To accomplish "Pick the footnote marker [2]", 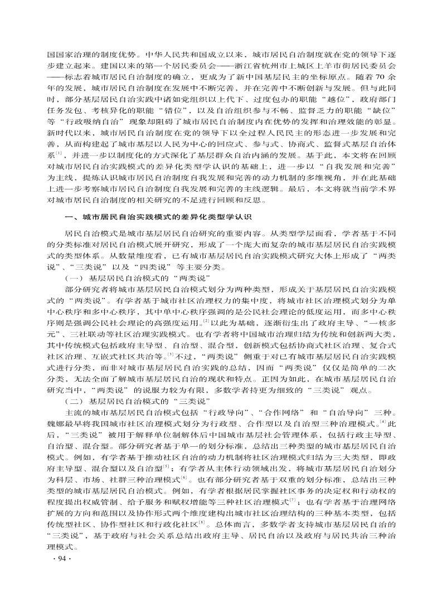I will [x=207, y=321].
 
